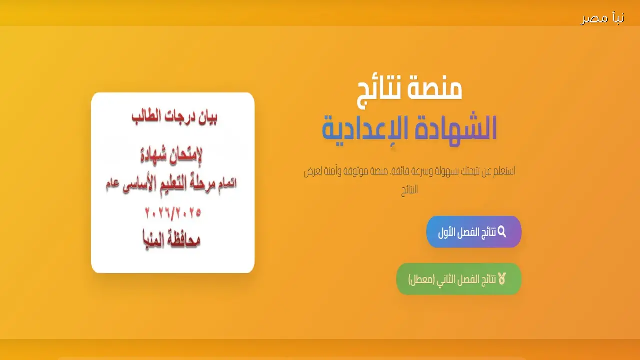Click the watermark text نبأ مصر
click(602, 18)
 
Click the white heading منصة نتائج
click(410, 88)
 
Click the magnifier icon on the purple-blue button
click(502, 232)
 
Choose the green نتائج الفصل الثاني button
click(459, 279)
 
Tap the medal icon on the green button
click(502, 279)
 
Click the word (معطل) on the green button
click(420, 279)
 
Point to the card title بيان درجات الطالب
click(175, 118)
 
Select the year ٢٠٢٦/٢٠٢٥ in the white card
click(173, 213)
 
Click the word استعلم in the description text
click(504, 171)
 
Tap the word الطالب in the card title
click(149, 118)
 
